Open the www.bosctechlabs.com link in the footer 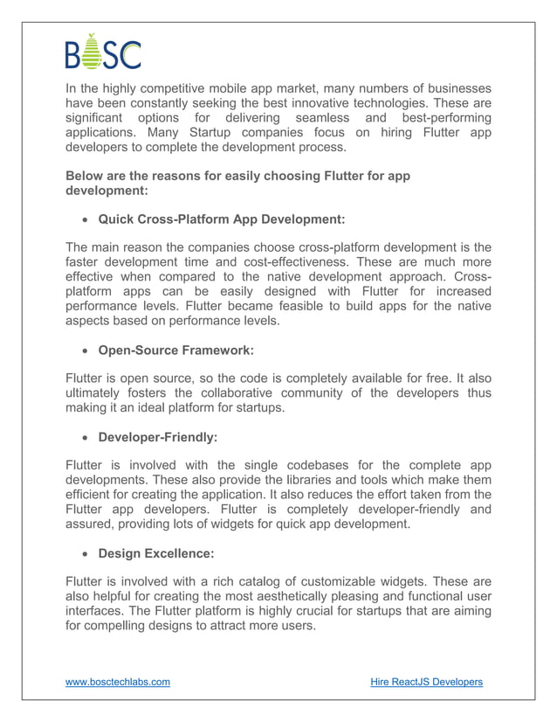118,682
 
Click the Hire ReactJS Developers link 426,682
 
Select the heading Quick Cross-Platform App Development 222,219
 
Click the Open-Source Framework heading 175,351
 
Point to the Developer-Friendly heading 159,435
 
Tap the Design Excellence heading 155,553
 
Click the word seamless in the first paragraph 320,118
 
